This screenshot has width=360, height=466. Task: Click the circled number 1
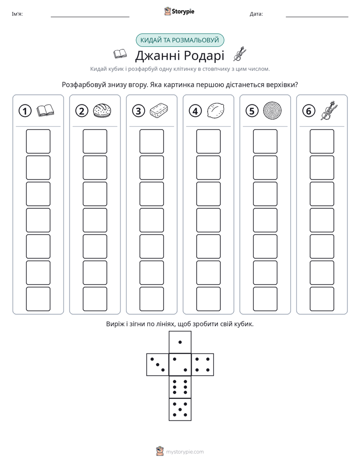pyautogui.click(x=25, y=111)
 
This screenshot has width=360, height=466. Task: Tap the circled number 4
pyautogui.click(x=195, y=111)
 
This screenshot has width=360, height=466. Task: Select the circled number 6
pyautogui.click(x=309, y=111)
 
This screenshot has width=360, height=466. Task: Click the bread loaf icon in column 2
pyautogui.click(x=102, y=110)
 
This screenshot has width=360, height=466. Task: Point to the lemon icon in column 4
pyautogui.click(x=216, y=111)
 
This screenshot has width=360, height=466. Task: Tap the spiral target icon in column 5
pyautogui.click(x=272, y=111)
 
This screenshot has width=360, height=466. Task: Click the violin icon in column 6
pyautogui.click(x=329, y=110)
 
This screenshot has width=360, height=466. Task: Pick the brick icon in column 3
pyautogui.click(x=159, y=110)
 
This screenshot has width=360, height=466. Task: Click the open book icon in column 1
pyautogui.click(x=45, y=110)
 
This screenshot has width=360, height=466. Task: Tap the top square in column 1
pyautogui.click(x=38, y=141)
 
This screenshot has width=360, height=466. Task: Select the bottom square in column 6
pyautogui.click(x=322, y=299)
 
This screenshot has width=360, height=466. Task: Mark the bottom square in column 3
pyautogui.click(x=152, y=299)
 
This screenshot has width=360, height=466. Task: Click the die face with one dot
pyautogui.click(x=180, y=342)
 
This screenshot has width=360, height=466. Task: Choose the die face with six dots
pyautogui.click(x=180, y=387)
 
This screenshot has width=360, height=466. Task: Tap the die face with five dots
pyautogui.click(x=180, y=410)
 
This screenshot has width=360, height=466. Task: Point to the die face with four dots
pyautogui.click(x=203, y=365)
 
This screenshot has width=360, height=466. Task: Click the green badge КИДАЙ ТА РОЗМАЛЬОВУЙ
pyautogui.click(x=179, y=40)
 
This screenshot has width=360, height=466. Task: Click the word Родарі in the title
pyautogui.click(x=204, y=55)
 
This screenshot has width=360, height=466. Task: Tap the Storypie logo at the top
pyautogui.click(x=179, y=11)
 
